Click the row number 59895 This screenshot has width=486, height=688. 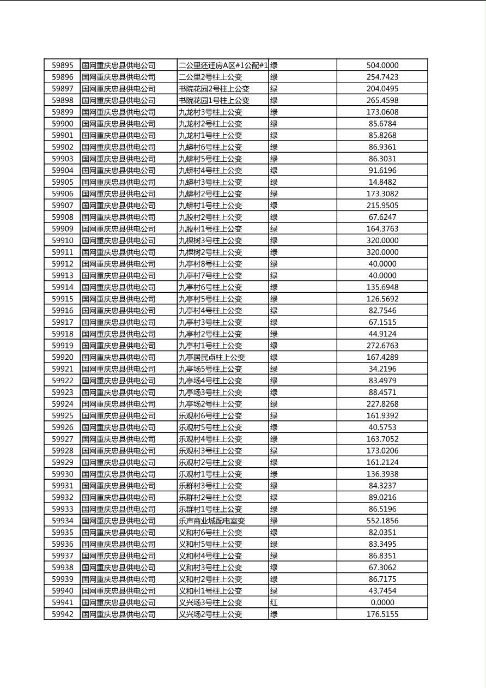[62, 65]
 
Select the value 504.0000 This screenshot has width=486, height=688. [382, 65]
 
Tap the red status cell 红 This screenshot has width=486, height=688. [274, 602]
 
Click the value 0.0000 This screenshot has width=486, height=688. [382, 602]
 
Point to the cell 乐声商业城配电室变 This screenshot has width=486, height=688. [212, 521]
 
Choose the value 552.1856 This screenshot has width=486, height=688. [382, 521]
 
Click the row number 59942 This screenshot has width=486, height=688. [62, 614]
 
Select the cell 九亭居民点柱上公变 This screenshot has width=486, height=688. [212, 358]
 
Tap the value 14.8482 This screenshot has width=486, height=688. [382, 182]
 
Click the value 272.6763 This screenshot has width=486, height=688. [382, 346]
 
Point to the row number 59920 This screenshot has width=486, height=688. [62, 358]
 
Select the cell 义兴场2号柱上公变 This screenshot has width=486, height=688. [210, 614]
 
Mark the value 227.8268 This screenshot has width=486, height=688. [382, 404]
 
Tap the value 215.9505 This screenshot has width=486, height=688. [382, 206]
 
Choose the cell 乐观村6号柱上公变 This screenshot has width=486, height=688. [210, 415]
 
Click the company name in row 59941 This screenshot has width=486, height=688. [119, 602]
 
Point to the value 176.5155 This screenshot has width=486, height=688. [382, 614]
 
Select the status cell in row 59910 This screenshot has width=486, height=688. [274, 240]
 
